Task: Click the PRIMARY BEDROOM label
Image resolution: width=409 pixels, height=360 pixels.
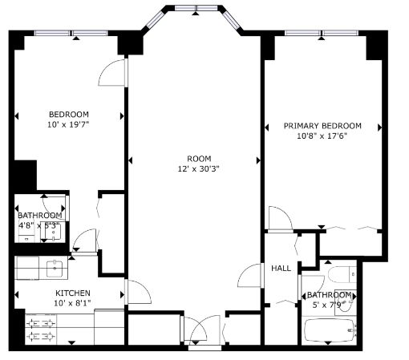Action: (322, 126)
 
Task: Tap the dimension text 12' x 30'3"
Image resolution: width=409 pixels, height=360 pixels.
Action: (199, 169)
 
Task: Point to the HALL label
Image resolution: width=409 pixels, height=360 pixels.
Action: (281, 268)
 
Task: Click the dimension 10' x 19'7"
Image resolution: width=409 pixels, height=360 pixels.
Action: (68, 124)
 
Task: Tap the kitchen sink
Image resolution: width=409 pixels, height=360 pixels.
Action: (55, 269)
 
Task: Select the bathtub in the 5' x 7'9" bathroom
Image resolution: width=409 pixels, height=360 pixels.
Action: (330, 330)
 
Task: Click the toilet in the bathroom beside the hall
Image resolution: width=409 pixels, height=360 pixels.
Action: (342, 274)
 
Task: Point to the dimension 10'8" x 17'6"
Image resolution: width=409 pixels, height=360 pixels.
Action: (322, 136)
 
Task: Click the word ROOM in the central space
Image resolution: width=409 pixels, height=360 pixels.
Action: (199, 159)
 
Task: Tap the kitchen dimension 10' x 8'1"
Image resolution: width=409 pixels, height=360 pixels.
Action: (72, 303)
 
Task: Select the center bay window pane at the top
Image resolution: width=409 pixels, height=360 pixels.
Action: (196, 8)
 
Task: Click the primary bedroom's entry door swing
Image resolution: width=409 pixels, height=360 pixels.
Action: (281, 218)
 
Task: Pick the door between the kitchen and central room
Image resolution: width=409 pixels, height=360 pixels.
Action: (138, 292)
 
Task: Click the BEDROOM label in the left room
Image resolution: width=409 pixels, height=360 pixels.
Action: (69, 115)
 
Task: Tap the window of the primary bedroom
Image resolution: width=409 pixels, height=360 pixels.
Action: (322, 33)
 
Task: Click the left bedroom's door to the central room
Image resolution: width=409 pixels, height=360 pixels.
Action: (112, 72)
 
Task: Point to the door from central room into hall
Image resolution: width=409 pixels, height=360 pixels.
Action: (250, 275)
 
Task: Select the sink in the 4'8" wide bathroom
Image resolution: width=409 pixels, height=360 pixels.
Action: (53, 232)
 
